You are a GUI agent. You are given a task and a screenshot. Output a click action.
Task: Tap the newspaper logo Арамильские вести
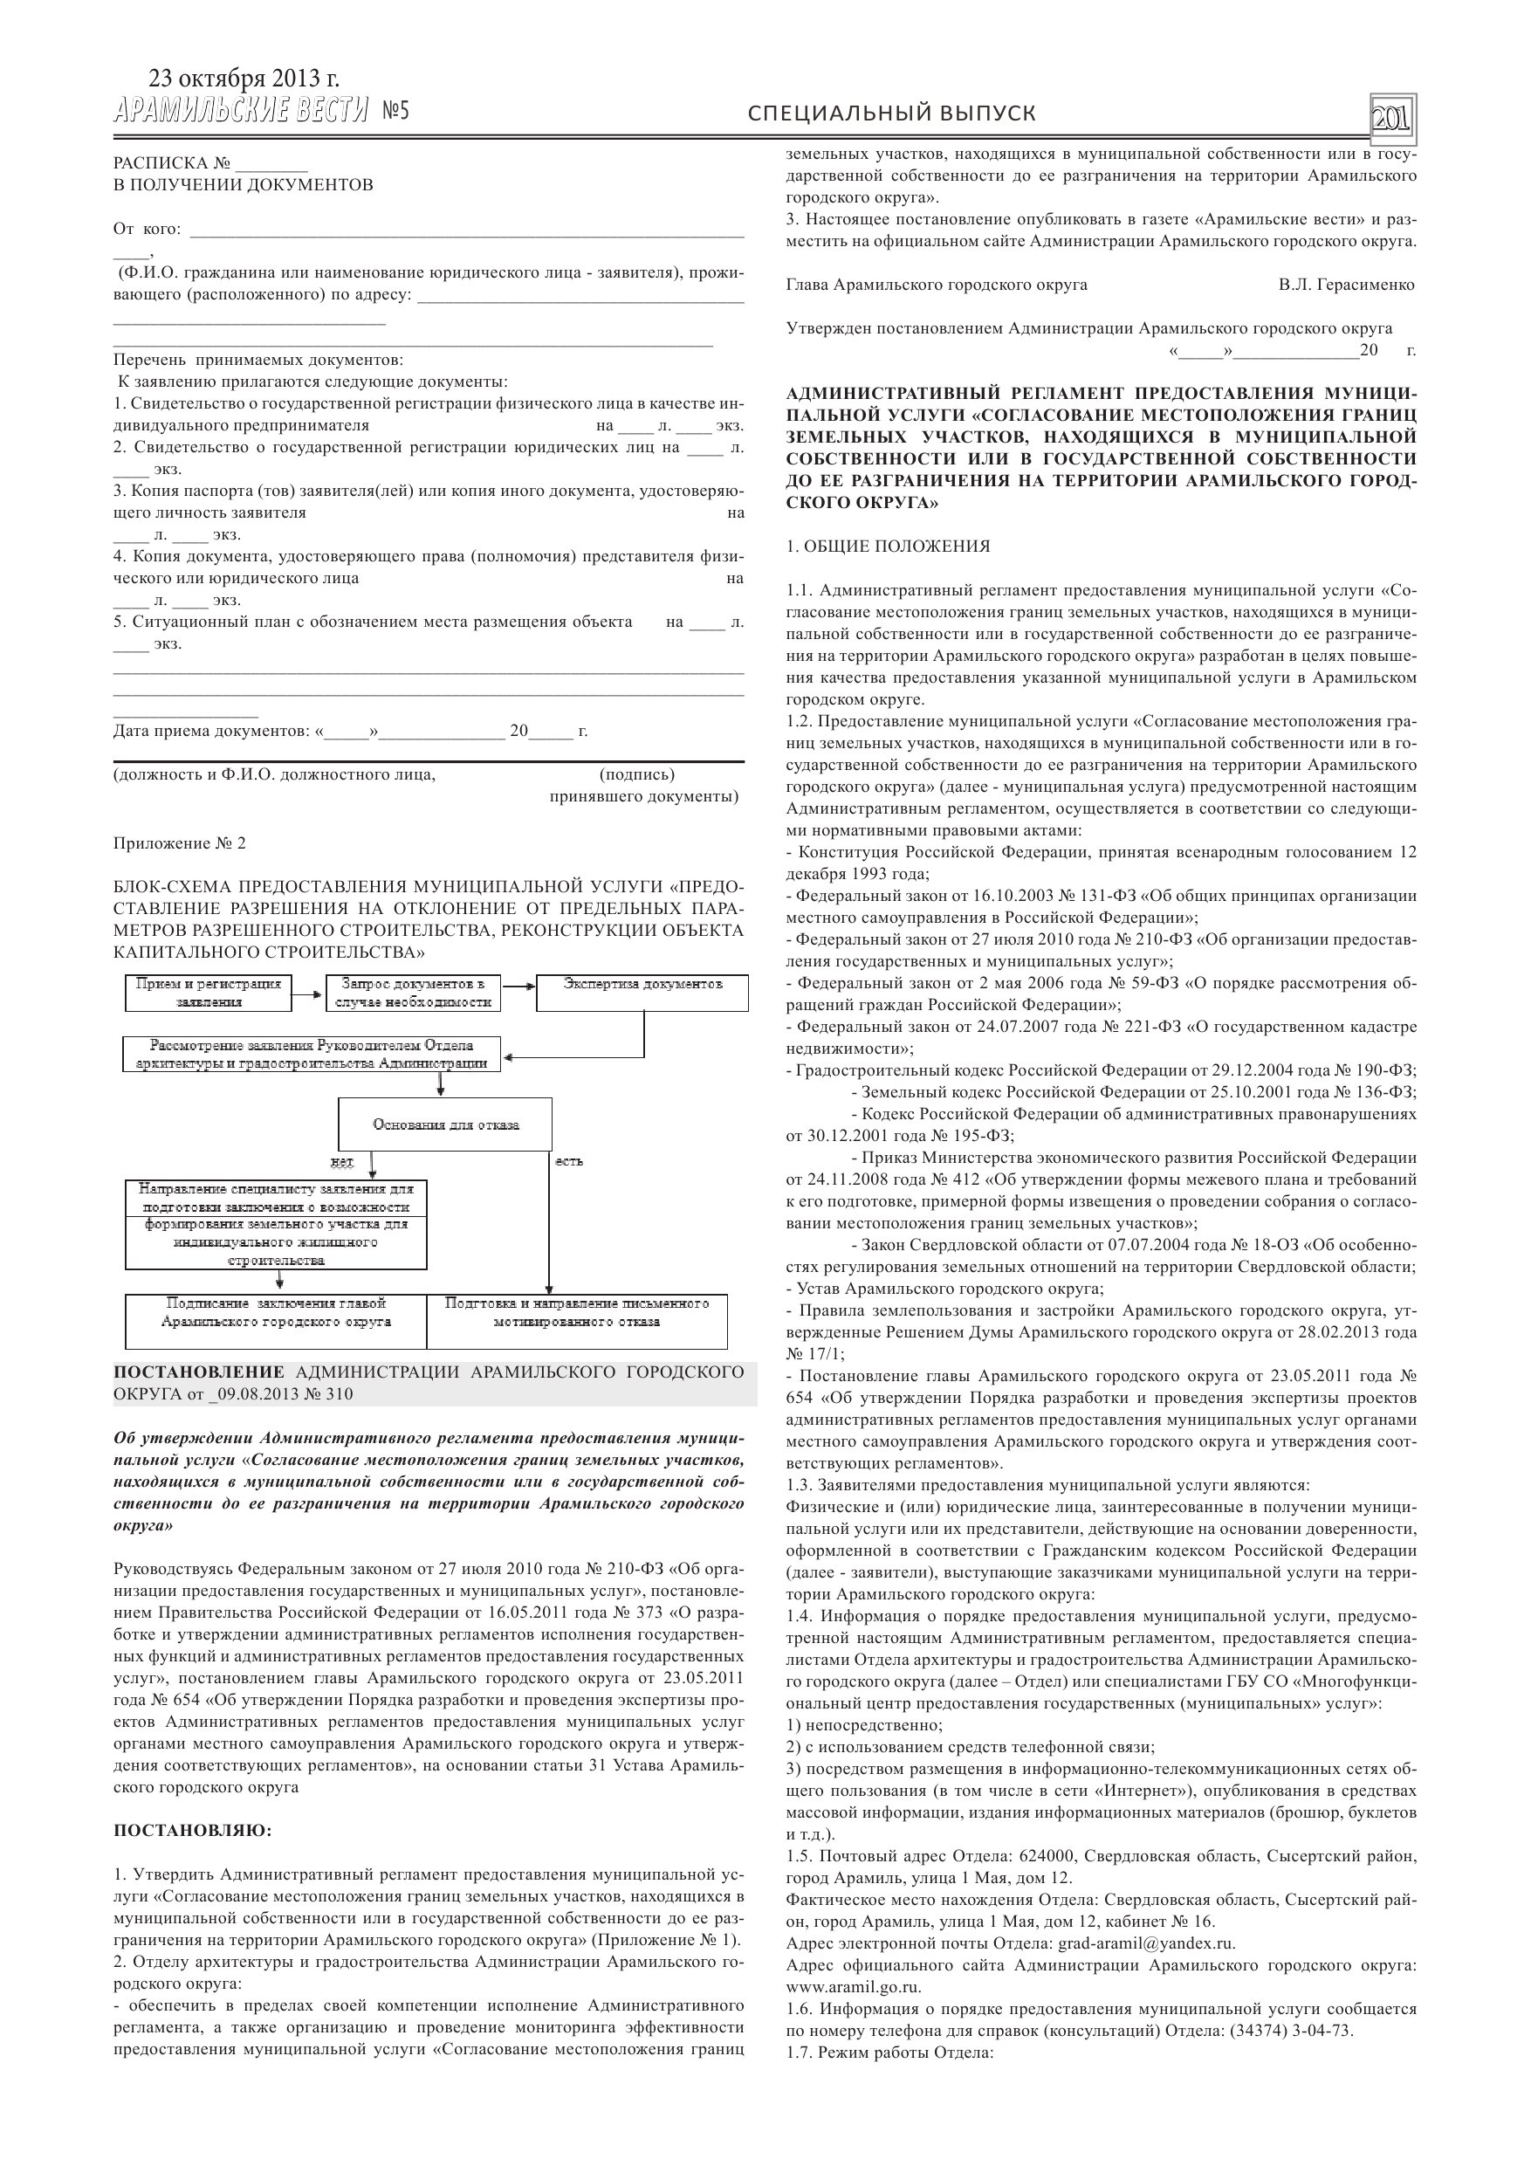pos(241,112)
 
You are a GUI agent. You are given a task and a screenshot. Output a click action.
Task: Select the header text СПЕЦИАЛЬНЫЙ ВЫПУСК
pos(891,114)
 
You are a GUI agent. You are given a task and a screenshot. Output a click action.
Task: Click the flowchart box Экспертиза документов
pos(642,993)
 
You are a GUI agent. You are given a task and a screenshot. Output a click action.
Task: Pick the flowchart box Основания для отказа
pos(445,1124)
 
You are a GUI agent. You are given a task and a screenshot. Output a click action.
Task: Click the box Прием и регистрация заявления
pos(209,993)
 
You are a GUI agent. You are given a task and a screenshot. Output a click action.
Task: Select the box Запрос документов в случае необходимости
pos(413,993)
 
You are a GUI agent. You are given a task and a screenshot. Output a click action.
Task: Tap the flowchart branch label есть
pos(569,1160)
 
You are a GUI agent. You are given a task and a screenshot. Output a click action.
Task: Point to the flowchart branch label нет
pos(341,1160)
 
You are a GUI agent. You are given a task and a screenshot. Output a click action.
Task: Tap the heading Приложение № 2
pos(179,843)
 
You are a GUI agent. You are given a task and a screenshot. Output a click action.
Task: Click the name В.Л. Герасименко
pos(1346,285)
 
